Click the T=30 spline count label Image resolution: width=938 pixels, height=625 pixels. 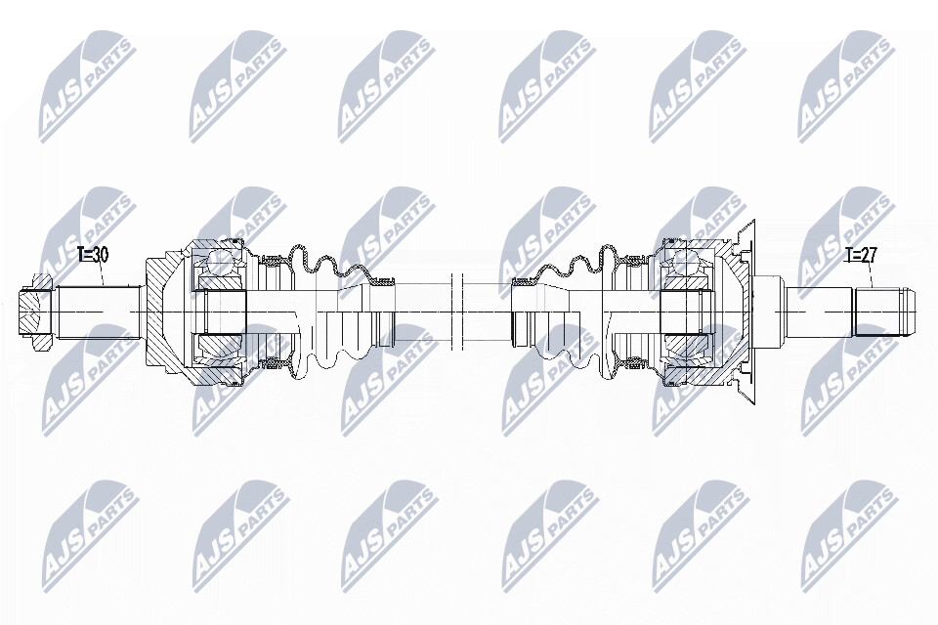[x=93, y=255]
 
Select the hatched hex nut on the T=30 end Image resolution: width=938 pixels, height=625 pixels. [x=36, y=312]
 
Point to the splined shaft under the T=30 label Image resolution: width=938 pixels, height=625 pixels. [x=99, y=312]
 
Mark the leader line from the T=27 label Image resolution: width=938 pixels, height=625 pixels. [x=870, y=275]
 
